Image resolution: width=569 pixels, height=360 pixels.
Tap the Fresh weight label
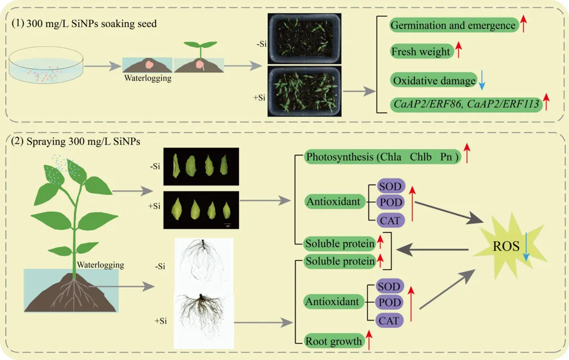click(421, 52)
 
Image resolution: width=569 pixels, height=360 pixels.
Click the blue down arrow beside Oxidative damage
click(482, 81)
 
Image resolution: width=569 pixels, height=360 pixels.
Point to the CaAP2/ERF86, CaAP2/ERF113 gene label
click(466, 103)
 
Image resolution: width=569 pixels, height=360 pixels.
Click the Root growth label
click(334, 341)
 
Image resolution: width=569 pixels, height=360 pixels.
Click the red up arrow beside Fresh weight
click(459, 51)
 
